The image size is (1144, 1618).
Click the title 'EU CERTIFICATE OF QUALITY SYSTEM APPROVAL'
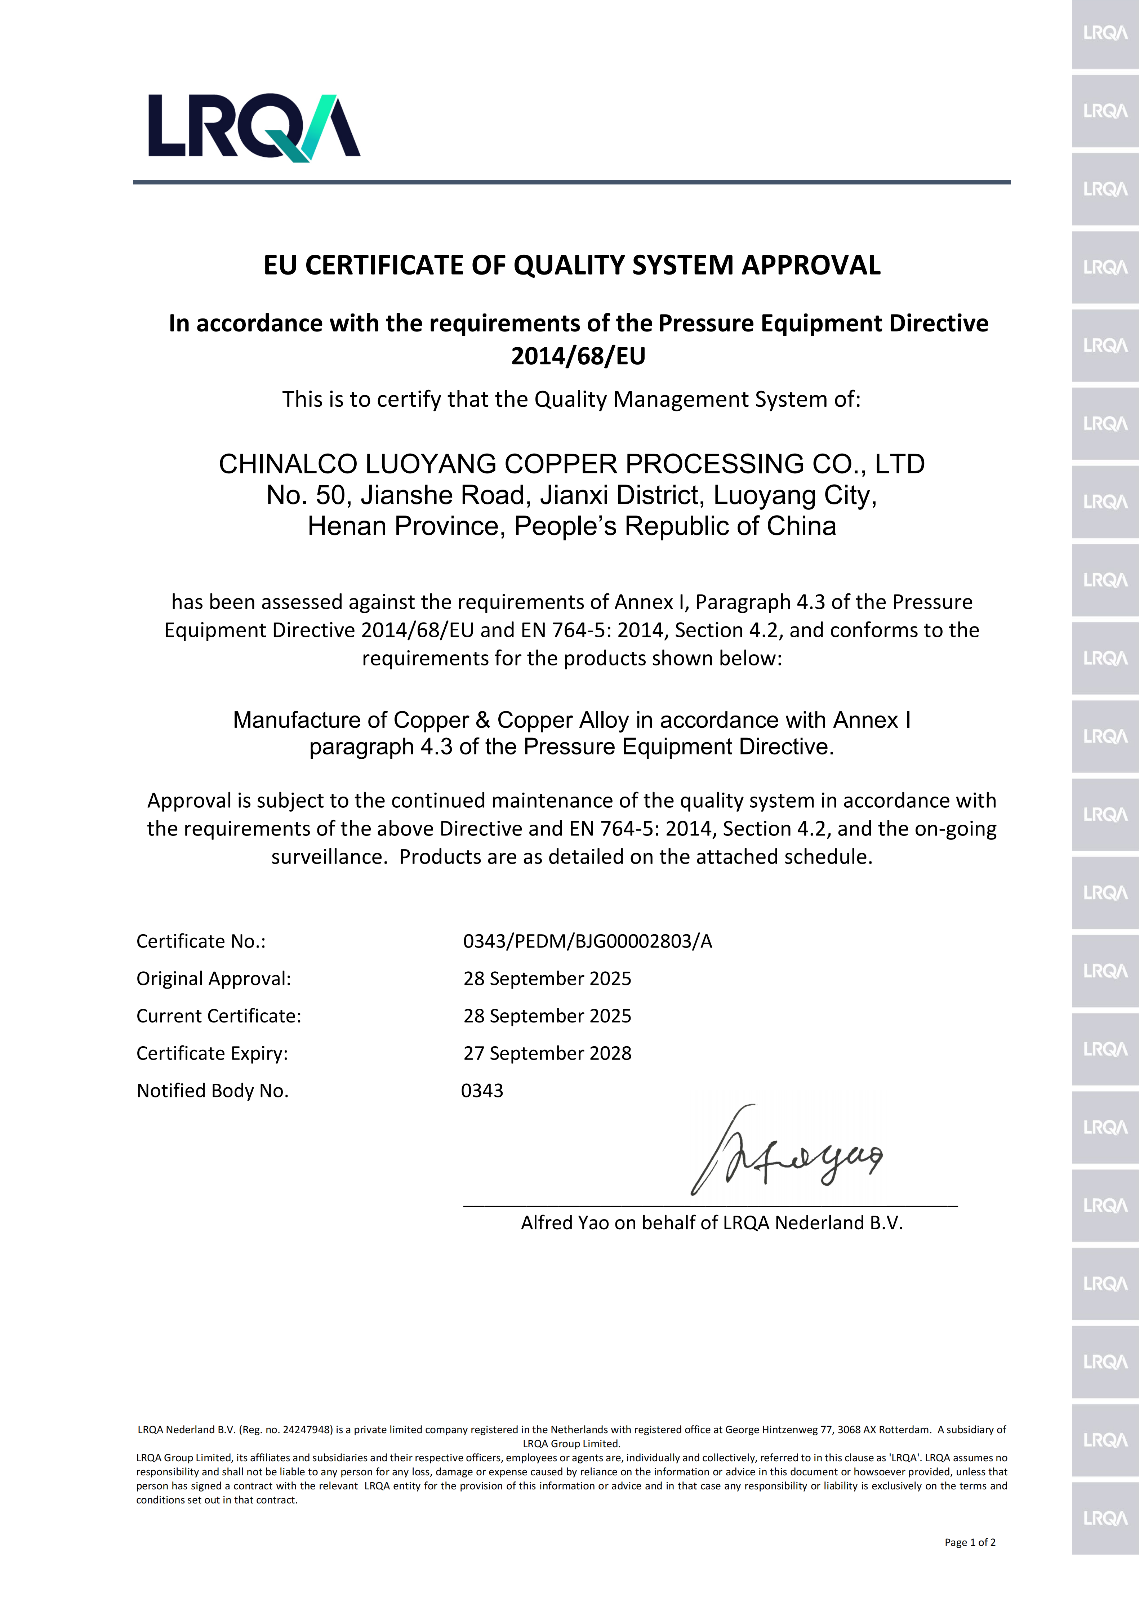572,265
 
